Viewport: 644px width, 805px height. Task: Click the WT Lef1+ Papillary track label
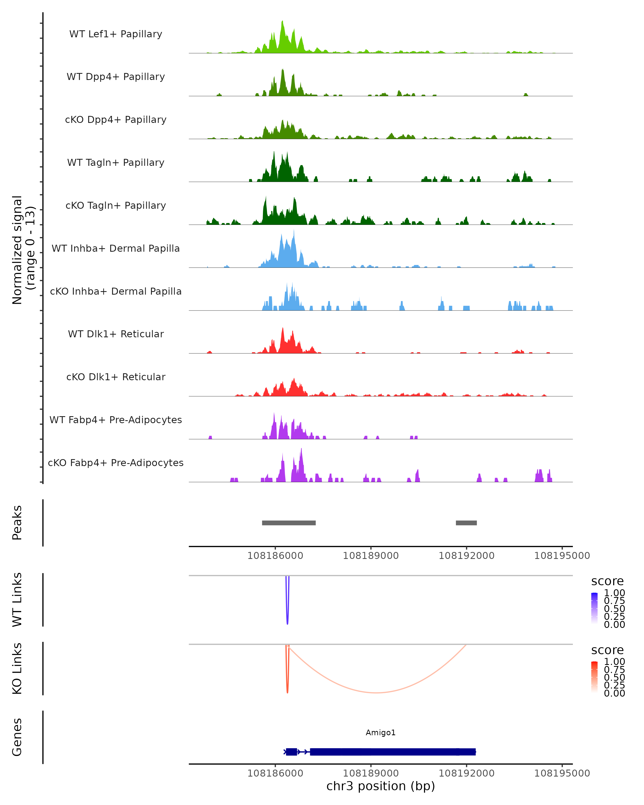(116, 34)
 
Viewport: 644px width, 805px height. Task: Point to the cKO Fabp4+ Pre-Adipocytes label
(116, 463)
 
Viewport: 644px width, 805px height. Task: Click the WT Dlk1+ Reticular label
(116, 334)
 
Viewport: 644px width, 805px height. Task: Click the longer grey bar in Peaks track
(288, 523)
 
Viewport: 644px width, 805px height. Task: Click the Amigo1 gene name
(380, 733)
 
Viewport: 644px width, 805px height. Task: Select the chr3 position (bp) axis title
(380, 786)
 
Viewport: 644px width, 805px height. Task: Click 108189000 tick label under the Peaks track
(371, 556)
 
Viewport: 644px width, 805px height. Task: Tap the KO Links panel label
(17, 668)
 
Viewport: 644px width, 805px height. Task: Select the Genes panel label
(17, 737)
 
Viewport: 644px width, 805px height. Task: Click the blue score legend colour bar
(594, 608)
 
